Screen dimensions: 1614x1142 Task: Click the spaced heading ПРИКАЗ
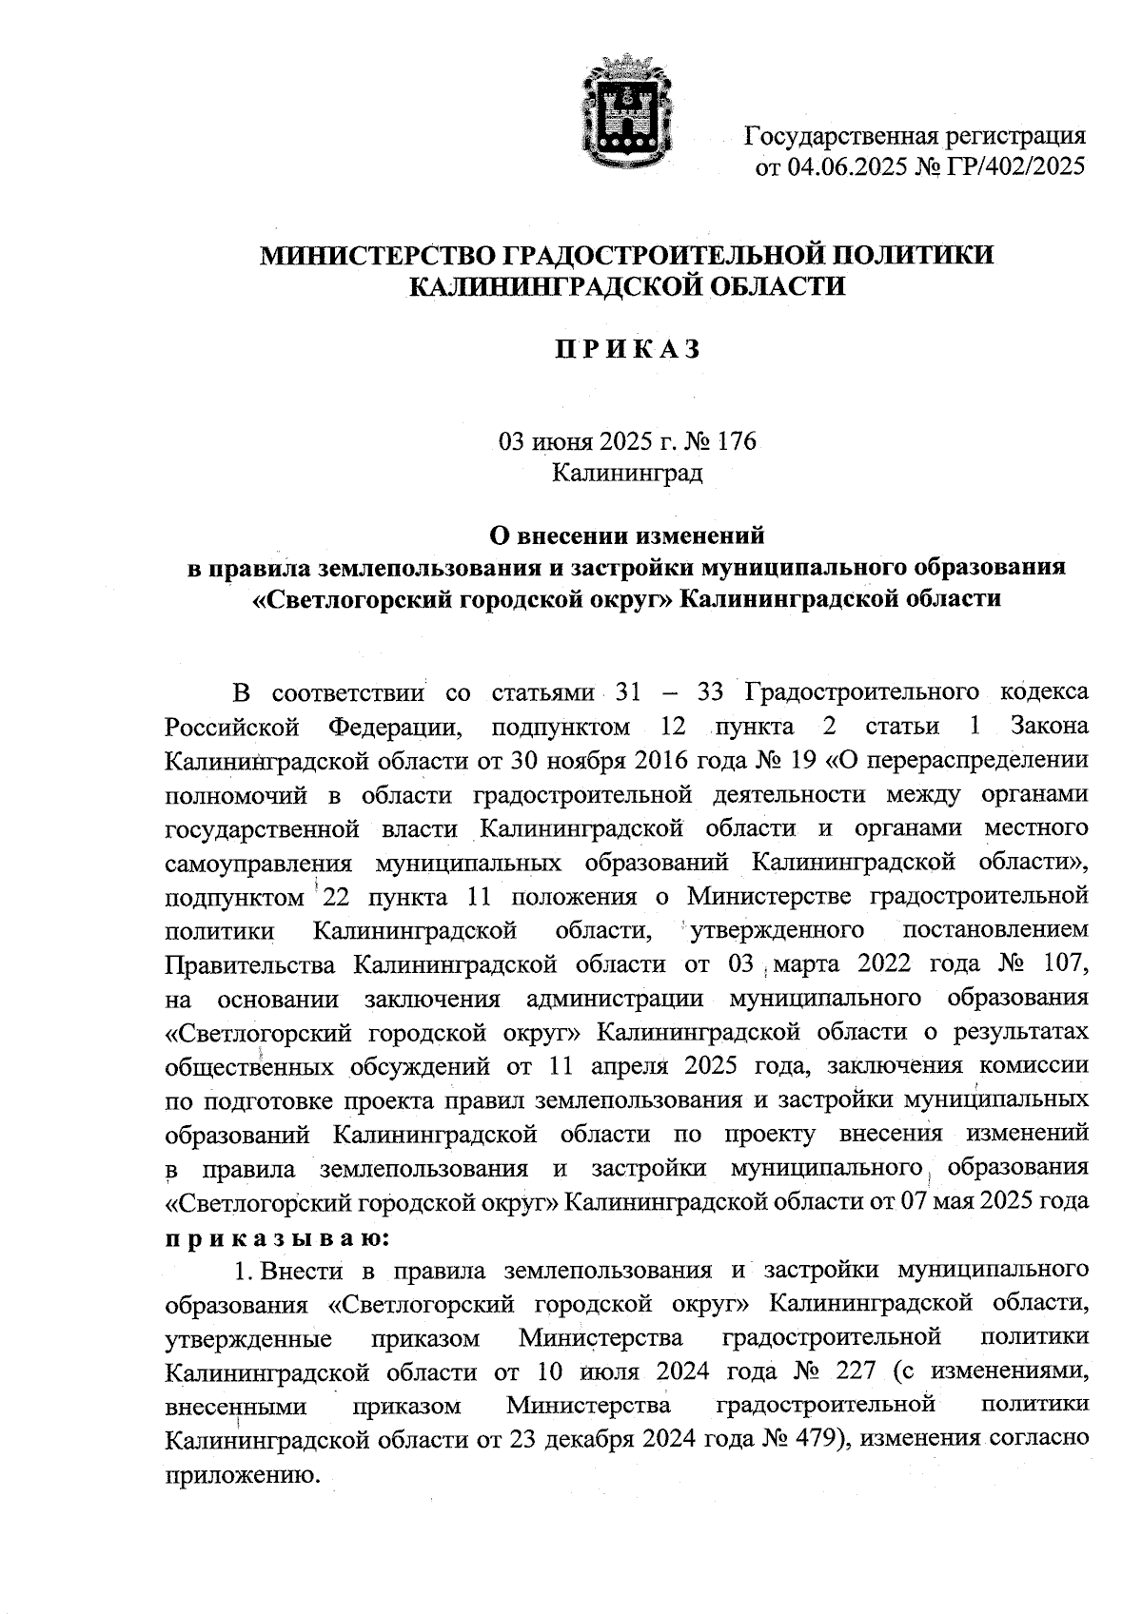(628, 350)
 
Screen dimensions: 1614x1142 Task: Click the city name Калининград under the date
(628, 473)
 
